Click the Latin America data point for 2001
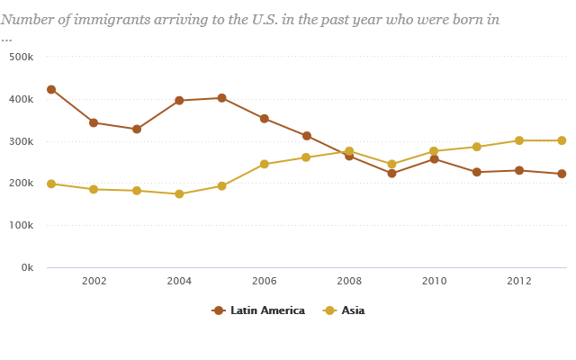(x=51, y=90)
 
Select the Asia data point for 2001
(x=51, y=184)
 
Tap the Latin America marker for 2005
(x=221, y=98)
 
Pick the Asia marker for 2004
(x=179, y=194)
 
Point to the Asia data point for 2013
(x=562, y=140)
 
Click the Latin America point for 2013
(x=562, y=174)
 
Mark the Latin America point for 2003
(x=137, y=130)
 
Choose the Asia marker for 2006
(x=265, y=165)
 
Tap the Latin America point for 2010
(x=434, y=159)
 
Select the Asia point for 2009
(x=391, y=165)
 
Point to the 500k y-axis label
(x=21, y=57)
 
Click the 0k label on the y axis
(x=26, y=268)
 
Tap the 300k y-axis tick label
(x=21, y=141)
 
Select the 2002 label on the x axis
(x=94, y=281)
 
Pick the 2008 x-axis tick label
(x=349, y=281)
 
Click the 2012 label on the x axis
(x=519, y=281)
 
